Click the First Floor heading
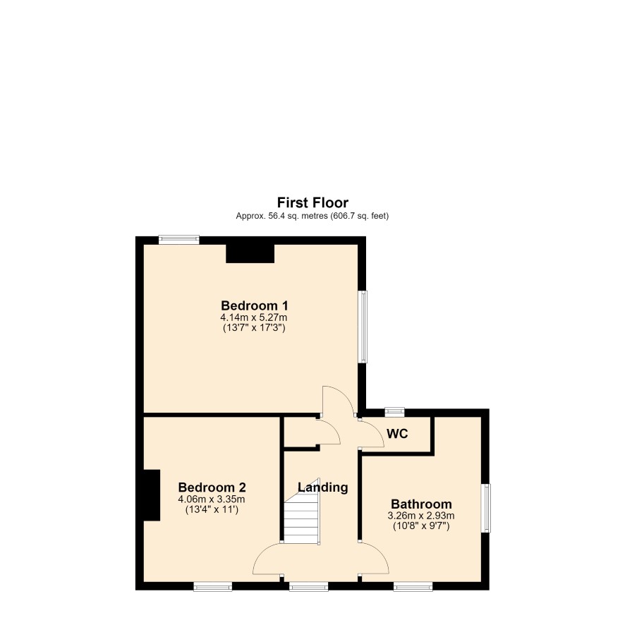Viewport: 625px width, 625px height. click(312, 202)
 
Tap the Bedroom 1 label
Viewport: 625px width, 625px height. click(255, 305)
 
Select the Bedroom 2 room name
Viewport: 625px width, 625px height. click(212, 487)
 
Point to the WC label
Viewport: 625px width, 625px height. click(397, 434)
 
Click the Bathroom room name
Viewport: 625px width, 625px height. click(421, 504)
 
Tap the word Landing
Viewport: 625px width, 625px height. click(323, 487)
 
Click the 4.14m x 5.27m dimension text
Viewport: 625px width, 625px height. click(254, 317)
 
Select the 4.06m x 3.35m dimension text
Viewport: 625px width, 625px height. click(212, 499)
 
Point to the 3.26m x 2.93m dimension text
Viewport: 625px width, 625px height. click(421, 516)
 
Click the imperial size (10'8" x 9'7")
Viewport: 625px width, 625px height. click(421, 526)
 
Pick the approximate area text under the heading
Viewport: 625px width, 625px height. click(312, 216)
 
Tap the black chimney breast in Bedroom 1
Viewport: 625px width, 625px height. click(250, 253)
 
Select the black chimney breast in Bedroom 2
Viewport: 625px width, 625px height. click(152, 495)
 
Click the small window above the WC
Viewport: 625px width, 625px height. click(394, 412)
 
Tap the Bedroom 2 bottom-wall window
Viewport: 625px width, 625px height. click(213, 586)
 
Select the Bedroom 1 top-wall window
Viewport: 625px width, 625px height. click(179, 240)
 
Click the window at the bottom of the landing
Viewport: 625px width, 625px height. click(309, 586)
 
